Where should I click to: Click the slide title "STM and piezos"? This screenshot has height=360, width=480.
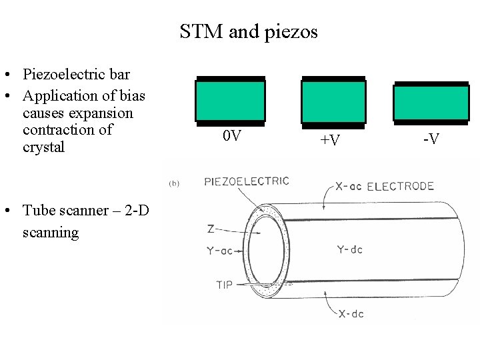249,31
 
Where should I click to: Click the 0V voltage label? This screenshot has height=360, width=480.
232,137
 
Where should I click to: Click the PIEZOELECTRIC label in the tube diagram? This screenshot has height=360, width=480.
247,181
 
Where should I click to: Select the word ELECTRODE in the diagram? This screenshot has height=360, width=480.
401,186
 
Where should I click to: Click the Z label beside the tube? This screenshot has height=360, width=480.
211,229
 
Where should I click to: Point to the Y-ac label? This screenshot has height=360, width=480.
220,251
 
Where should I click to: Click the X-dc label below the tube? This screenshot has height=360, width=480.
351,313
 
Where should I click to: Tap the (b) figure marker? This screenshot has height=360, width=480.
173,182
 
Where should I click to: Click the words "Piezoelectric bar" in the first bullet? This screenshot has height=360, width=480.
76,73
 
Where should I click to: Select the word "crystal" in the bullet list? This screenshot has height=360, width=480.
44,147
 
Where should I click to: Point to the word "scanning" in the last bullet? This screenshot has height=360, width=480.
51,233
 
